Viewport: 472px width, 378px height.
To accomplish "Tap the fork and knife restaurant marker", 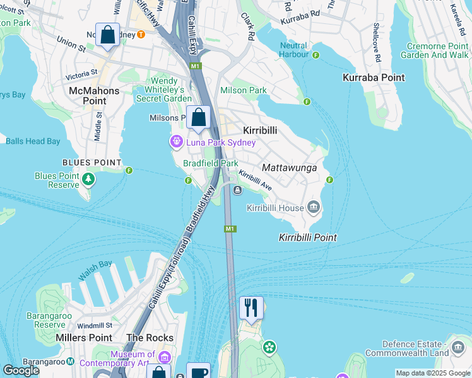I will [251, 308].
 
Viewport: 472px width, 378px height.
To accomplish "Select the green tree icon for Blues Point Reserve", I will [88, 180].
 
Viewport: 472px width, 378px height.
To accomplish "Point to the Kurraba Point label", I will [373, 77].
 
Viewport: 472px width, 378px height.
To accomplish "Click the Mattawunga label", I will [288, 168].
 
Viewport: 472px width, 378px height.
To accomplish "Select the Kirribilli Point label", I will [307, 238].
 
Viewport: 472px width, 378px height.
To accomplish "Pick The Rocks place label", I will [150, 338].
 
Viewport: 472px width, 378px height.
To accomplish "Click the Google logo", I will [21, 370].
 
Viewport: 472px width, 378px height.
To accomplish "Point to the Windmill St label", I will [96, 325].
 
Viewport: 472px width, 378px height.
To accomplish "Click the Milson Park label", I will [243, 90].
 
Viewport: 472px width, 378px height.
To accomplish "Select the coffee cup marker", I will [199, 372].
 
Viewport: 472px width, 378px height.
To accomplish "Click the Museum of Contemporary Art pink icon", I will [165, 357].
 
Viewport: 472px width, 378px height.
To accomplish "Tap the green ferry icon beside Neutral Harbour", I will [316, 55].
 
